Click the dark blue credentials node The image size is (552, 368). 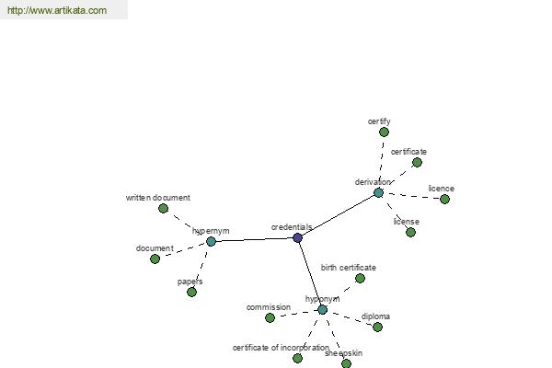point(297,237)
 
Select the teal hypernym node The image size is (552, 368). point(211,242)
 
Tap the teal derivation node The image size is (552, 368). point(378,192)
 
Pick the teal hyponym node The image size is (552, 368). point(323,310)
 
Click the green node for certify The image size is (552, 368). point(384,132)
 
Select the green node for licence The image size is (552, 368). point(445,200)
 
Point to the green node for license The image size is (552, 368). point(411,233)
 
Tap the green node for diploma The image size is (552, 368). point(378,328)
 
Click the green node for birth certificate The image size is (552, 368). point(360,279)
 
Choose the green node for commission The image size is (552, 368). point(270,318)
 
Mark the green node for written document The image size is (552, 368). point(164,209)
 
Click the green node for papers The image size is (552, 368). point(192,292)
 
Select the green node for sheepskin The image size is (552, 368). point(347,363)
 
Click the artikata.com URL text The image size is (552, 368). point(57,10)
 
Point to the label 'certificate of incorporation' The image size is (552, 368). point(281,348)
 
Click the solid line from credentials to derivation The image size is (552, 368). point(338,215)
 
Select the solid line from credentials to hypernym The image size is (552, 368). point(254,240)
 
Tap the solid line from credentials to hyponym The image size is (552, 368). point(310,273)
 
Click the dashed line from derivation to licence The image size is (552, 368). point(412,196)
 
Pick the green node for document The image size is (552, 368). point(155,259)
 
